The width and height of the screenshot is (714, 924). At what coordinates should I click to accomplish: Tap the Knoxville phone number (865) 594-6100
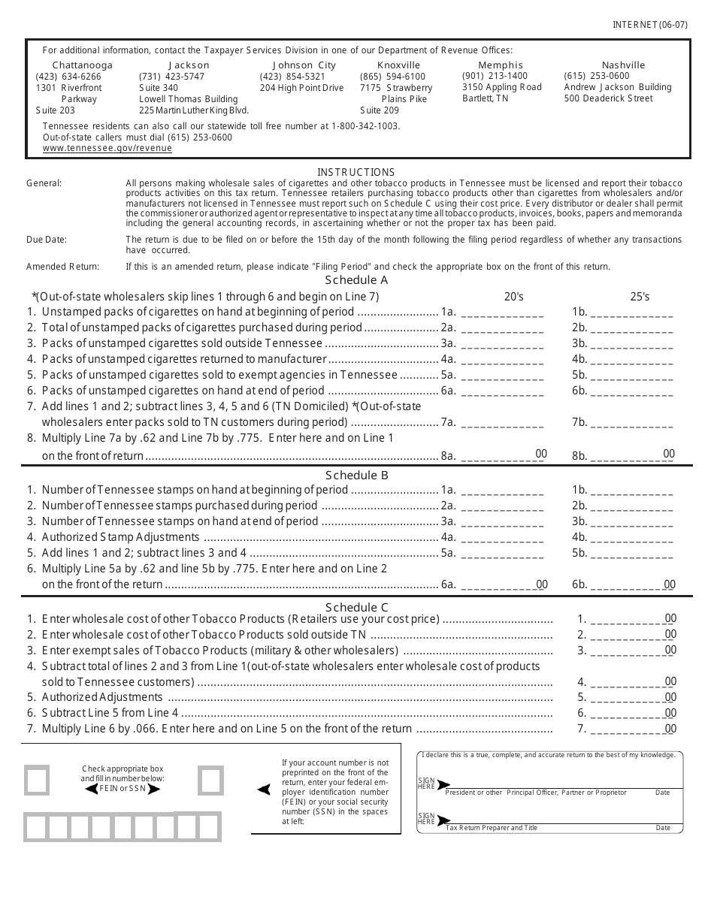(392, 77)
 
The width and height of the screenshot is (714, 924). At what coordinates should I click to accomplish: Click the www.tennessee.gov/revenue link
(107, 149)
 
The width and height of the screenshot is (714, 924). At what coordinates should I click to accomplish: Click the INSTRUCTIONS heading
(355, 172)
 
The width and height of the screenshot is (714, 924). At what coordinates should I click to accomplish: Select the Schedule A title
(356, 280)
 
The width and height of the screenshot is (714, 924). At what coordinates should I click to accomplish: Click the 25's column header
(640, 297)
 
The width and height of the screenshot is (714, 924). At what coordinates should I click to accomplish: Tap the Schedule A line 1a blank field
(501, 312)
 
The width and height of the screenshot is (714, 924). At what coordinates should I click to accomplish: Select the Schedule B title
(356, 475)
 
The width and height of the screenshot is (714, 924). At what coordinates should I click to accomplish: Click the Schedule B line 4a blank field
(501, 537)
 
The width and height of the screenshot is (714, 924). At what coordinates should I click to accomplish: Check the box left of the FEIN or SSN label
(37, 780)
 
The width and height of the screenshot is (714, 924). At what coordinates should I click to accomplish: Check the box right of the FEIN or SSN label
(211, 780)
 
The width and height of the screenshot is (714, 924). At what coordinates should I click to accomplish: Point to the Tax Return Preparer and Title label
(492, 828)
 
